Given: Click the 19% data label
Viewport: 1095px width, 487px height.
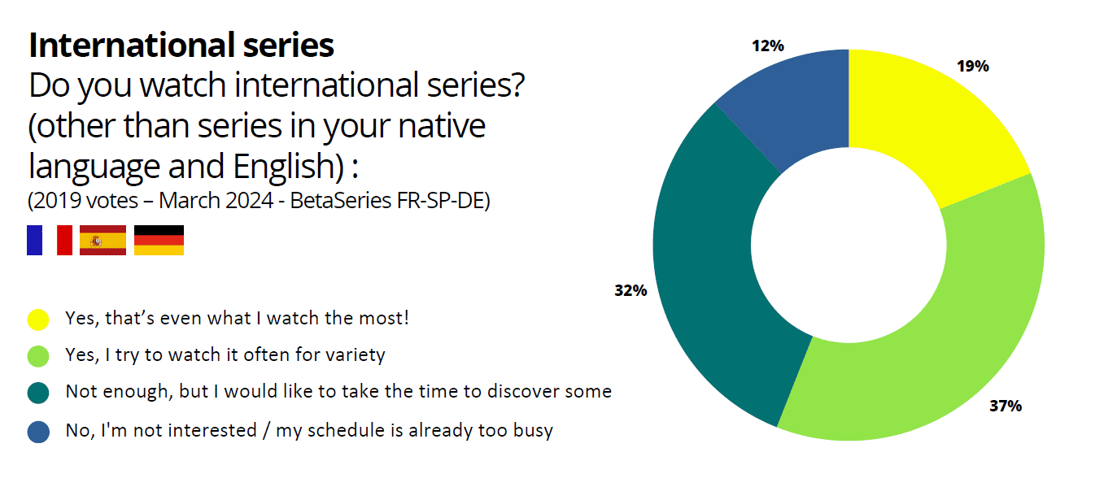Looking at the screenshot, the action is pyautogui.click(x=973, y=66).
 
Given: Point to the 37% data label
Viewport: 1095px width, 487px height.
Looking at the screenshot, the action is pyautogui.click(x=1006, y=406).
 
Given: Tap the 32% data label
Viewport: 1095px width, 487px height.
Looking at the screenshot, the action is pyautogui.click(x=630, y=290).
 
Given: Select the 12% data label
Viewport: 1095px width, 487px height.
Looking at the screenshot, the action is pyautogui.click(x=767, y=46).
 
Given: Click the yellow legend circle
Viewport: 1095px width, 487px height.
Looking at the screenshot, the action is pyautogui.click(x=38, y=320).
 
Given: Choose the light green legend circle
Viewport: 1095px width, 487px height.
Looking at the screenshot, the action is pyautogui.click(x=38, y=356).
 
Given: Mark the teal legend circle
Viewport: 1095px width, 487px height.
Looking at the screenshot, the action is pyautogui.click(x=38, y=393).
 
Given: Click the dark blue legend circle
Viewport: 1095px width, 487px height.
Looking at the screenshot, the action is pyautogui.click(x=38, y=432).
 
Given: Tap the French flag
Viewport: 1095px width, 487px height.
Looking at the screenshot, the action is pyautogui.click(x=50, y=240).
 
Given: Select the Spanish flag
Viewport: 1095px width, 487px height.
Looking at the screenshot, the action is pyautogui.click(x=103, y=240).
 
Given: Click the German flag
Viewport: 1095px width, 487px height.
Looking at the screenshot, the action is pyautogui.click(x=159, y=240).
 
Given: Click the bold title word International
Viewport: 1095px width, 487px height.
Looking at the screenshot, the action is pyautogui.click(x=132, y=45).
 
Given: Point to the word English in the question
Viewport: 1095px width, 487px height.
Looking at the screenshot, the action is pyautogui.click(x=289, y=167).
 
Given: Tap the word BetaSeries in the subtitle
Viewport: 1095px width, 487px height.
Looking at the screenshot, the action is pyautogui.click(x=341, y=201).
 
